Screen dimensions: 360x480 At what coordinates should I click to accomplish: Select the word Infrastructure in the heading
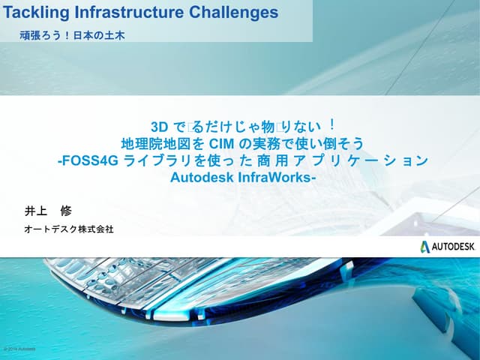[x=113, y=12]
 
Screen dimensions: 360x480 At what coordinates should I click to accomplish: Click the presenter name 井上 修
[x=49, y=211]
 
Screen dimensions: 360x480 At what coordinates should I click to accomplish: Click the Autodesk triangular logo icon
[x=425, y=247]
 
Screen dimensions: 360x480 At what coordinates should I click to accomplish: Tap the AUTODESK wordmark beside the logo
[x=454, y=247]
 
